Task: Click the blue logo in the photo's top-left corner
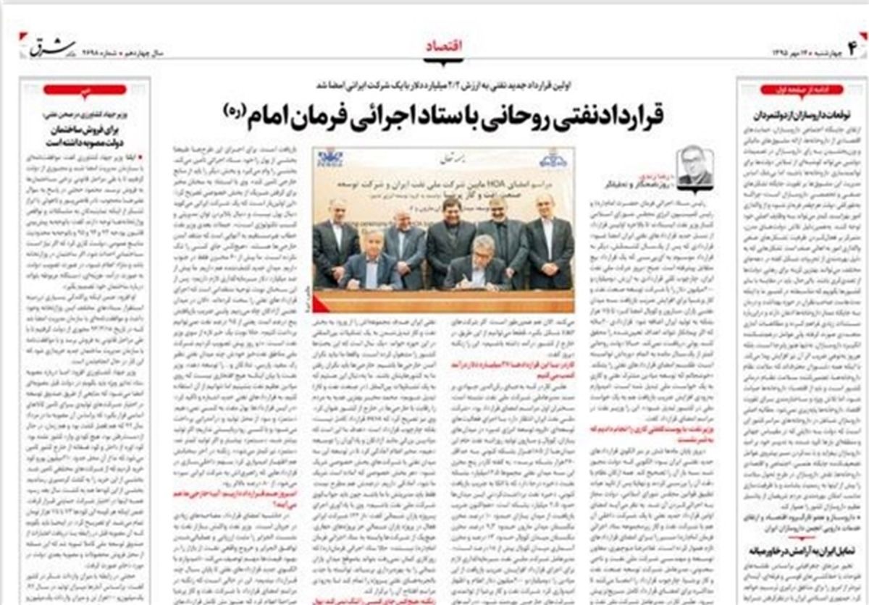(330, 160)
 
